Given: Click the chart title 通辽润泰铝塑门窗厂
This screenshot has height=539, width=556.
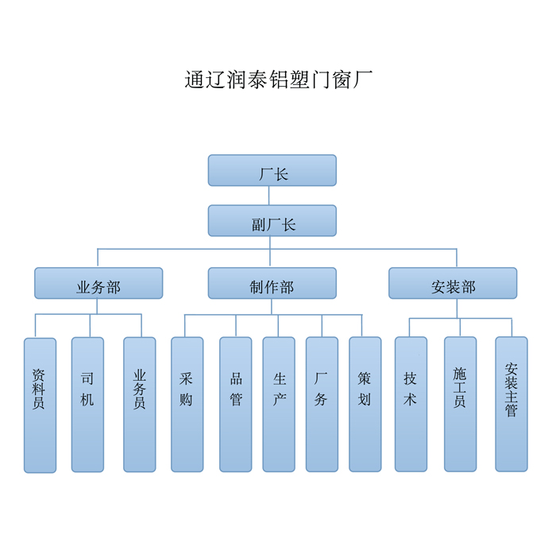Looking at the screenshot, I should click(x=279, y=81).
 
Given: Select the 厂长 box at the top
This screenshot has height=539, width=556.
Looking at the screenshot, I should click(x=272, y=171).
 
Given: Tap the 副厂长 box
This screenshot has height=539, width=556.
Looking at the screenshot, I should click(x=272, y=221).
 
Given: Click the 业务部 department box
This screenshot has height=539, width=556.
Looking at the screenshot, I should click(x=98, y=284).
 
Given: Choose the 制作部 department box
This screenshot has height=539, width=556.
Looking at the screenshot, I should click(x=272, y=284).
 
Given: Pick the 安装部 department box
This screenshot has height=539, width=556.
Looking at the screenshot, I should click(x=453, y=284).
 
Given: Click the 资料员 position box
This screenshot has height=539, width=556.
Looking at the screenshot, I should click(x=40, y=405).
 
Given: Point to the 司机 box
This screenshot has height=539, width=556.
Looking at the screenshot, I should click(x=87, y=405).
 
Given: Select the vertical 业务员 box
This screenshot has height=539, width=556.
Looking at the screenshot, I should click(x=140, y=405).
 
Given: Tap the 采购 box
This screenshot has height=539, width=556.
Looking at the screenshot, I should click(x=187, y=405).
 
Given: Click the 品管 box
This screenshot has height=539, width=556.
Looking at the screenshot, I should click(x=236, y=405).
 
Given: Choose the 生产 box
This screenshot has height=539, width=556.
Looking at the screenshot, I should click(x=279, y=405).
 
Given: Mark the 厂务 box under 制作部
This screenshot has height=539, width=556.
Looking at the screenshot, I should click(x=322, y=405).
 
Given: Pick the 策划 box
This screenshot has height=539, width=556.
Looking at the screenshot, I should click(x=365, y=405).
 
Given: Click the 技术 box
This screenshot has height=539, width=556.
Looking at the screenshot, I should click(x=411, y=405).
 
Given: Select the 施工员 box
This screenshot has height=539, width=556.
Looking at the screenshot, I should click(x=460, y=405).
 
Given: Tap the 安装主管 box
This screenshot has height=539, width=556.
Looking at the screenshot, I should click(x=512, y=405).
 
